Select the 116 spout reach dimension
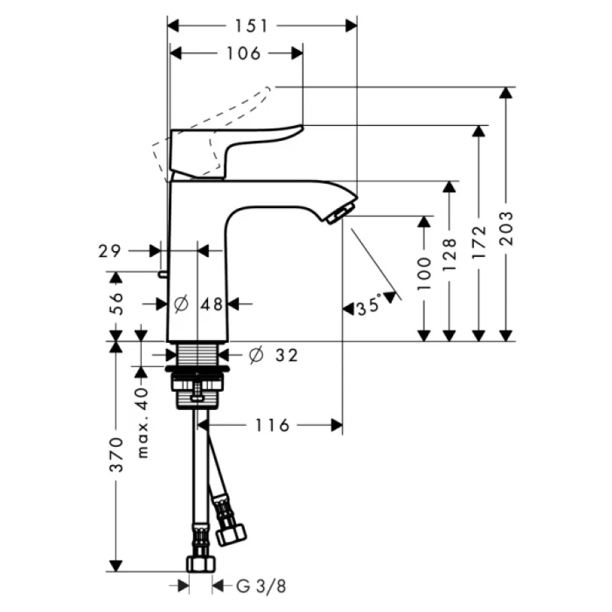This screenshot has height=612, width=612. tap(272, 425)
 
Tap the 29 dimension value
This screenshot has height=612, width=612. tap(108, 251)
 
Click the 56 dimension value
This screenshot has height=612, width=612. tap(115, 303)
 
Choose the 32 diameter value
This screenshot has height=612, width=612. tap(286, 355)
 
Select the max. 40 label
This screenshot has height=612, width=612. tap(143, 423)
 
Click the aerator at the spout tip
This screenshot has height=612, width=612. tap(337, 213)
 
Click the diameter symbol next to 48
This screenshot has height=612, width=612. tap(181, 303)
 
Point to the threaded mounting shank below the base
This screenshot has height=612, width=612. tap(198, 355)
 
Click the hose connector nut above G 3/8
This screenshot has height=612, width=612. tap(200, 561)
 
